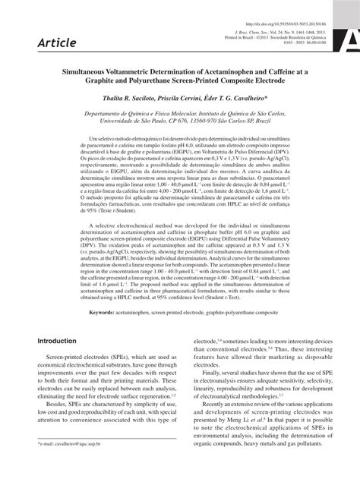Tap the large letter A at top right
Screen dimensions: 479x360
[x=351, y=38]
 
